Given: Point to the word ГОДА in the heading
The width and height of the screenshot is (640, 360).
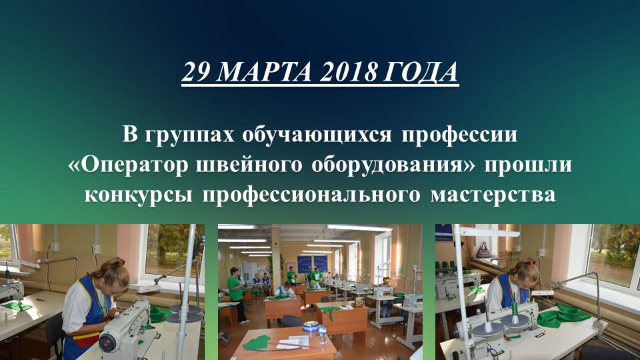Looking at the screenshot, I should tap(421, 73).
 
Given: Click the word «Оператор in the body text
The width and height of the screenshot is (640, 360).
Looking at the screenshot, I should tap(126, 165).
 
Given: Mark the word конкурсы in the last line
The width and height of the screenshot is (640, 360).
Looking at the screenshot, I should tap(137, 195).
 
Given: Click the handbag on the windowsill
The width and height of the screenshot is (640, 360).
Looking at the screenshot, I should tap(483, 250).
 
